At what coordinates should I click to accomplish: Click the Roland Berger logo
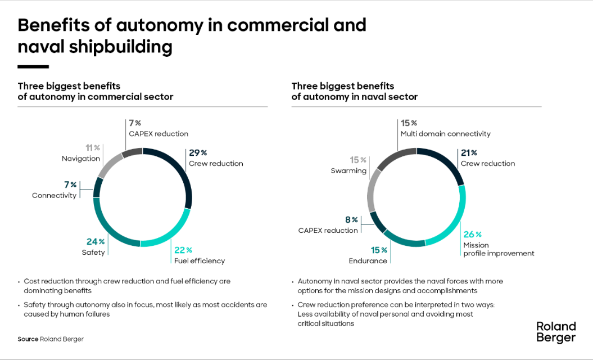tap(556, 332)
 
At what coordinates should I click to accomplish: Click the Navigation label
tap(81, 159)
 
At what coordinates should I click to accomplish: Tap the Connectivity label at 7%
tap(54, 195)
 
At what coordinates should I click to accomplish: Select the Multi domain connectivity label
tap(445, 134)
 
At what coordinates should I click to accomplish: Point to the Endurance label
tap(368, 260)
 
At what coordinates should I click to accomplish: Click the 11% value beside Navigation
tap(92, 148)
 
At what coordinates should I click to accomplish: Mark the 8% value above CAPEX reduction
tap(351, 220)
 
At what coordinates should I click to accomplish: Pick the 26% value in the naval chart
tap(472, 235)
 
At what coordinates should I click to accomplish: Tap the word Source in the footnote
tap(28, 339)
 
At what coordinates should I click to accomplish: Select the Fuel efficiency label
tap(199, 260)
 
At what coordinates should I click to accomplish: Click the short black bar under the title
tap(33, 67)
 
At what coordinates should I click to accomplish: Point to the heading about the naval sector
tap(354, 91)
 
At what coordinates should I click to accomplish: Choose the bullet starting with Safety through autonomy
tap(145, 309)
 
